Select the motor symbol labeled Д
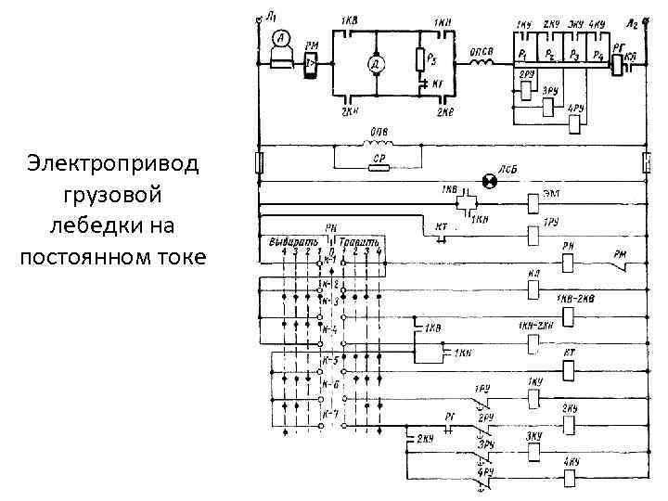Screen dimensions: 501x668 (376, 64)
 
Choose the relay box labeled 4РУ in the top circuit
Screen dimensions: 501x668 (575, 124)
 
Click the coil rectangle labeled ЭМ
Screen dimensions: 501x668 (533, 202)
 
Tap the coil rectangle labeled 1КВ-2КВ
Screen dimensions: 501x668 (569, 317)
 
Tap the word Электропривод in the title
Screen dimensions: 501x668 (113, 164)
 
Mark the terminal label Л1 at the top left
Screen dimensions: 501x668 (270, 16)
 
